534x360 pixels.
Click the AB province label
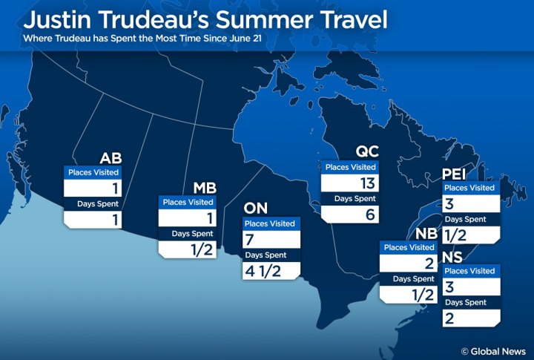[x=111, y=157]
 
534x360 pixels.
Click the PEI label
[x=458, y=173]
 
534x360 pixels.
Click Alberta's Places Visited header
[x=93, y=172]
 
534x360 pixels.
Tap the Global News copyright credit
[x=492, y=351]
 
